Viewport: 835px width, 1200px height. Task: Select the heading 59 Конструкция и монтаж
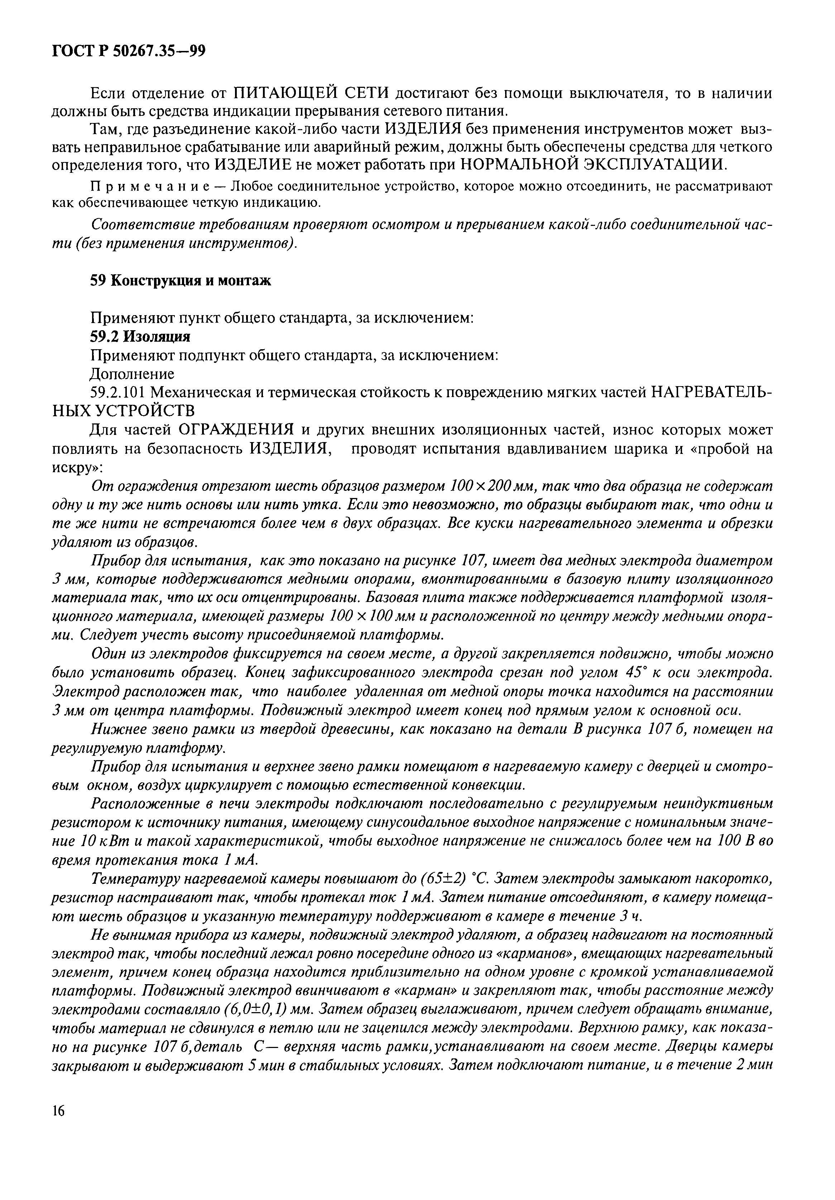point(181,281)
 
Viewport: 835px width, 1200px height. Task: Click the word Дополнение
point(132,374)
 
